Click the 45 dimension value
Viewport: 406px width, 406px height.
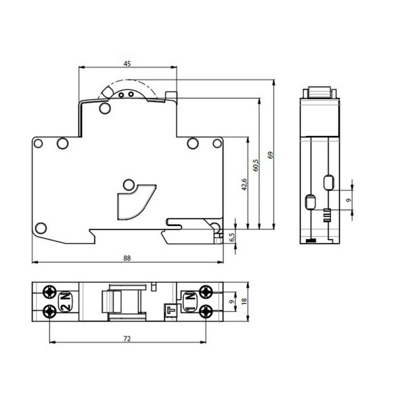pyautogui.click(x=127, y=64)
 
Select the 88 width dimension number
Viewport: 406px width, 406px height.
pyautogui.click(x=127, y=258)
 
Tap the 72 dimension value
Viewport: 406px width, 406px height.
pyautogui.click(x=127, y=339)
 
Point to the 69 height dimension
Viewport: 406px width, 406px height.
pyautogui.click(x=271, y=155)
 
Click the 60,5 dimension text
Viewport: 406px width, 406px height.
pyautogui.click(x=256, y=165)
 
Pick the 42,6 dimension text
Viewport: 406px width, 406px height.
pyautogui.click(x=244, y=185)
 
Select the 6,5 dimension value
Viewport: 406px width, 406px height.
pyautogui.click(x=232, y=238)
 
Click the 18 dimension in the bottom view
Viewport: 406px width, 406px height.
pyautogui.click(x=244, y=301)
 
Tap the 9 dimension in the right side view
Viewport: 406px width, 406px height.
pyautogui.click(x=348, y=200)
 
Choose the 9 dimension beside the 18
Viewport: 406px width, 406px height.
pyautogui.click(x=232, y=301)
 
